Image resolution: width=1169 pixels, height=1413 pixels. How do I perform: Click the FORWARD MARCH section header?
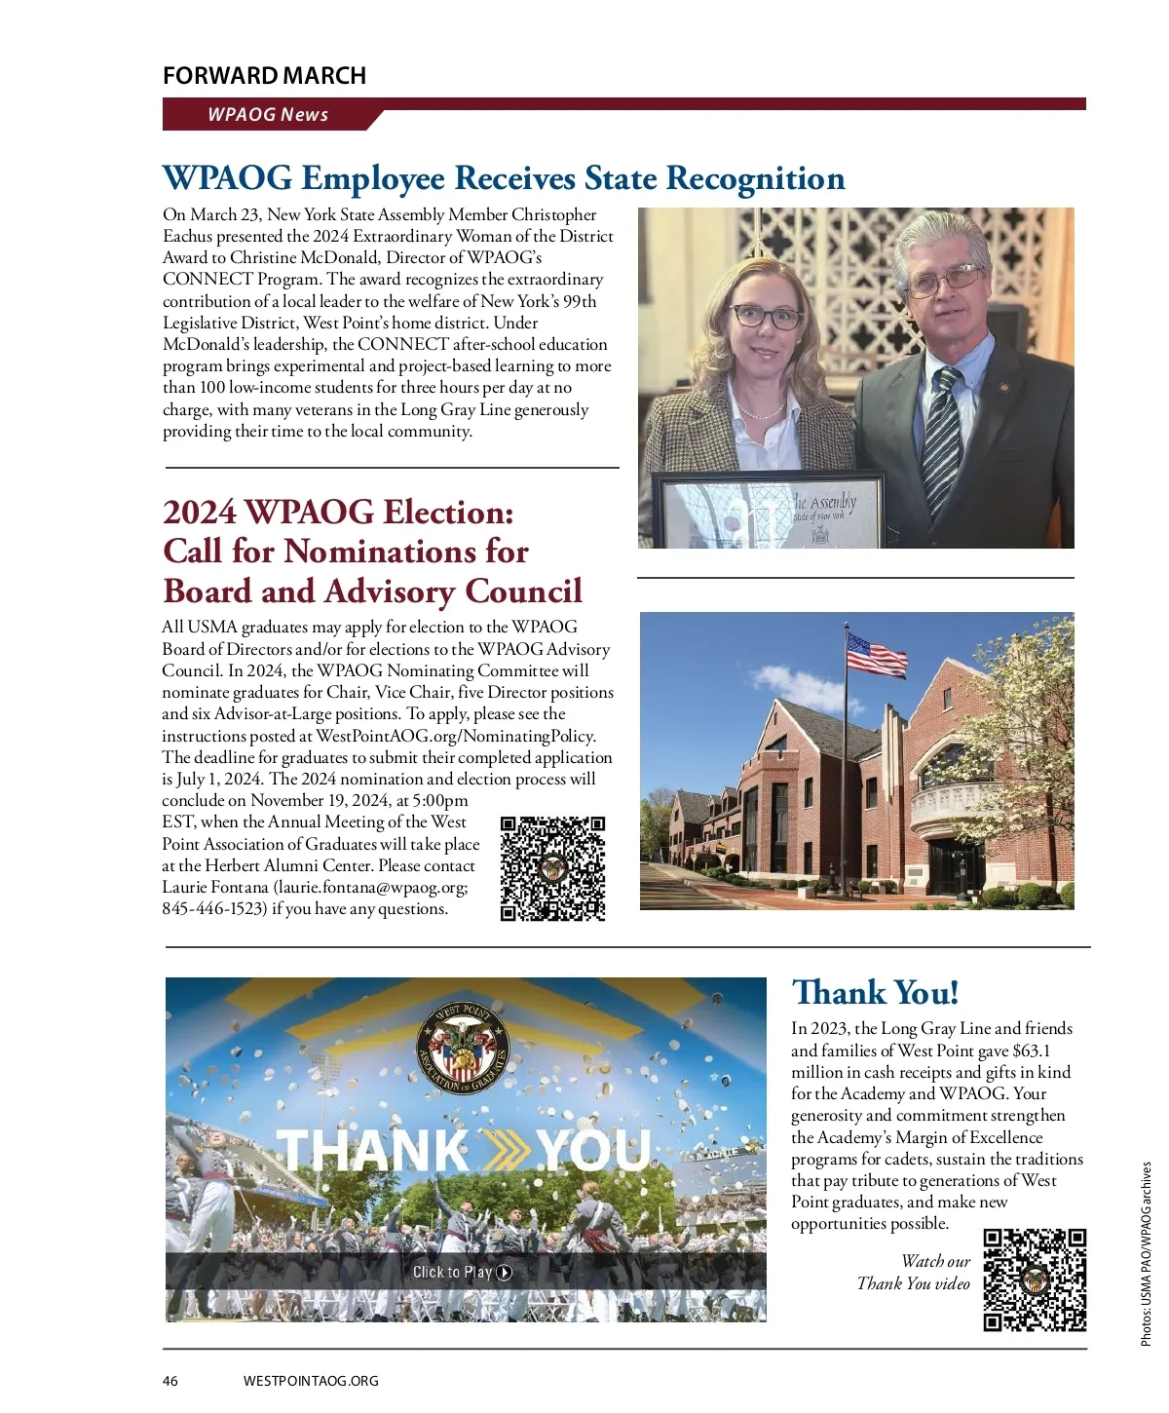click(264, 76)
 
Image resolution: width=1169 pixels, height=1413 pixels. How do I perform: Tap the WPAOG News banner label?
click(268, 115)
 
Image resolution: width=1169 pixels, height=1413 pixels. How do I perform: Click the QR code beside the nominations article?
click(552, 868)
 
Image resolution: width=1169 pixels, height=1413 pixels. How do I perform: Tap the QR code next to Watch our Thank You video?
click(1035, 1279)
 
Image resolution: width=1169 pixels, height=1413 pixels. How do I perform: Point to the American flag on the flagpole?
click(876, 655)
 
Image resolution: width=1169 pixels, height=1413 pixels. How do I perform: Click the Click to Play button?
click(463, 1272)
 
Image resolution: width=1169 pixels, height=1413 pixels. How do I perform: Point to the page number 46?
click(170, 1381)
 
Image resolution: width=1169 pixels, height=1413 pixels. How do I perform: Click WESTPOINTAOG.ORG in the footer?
click(311, 1381)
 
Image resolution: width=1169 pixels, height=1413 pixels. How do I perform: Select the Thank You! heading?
click(875, 993)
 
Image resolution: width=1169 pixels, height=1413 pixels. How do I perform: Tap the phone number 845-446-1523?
click(214, 909)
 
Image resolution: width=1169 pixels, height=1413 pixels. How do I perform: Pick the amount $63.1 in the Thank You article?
click(1032, 1050)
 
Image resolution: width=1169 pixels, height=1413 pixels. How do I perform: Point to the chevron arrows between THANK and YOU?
click(503, 1150)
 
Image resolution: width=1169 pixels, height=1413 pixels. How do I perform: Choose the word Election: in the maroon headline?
click(448, 513)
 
